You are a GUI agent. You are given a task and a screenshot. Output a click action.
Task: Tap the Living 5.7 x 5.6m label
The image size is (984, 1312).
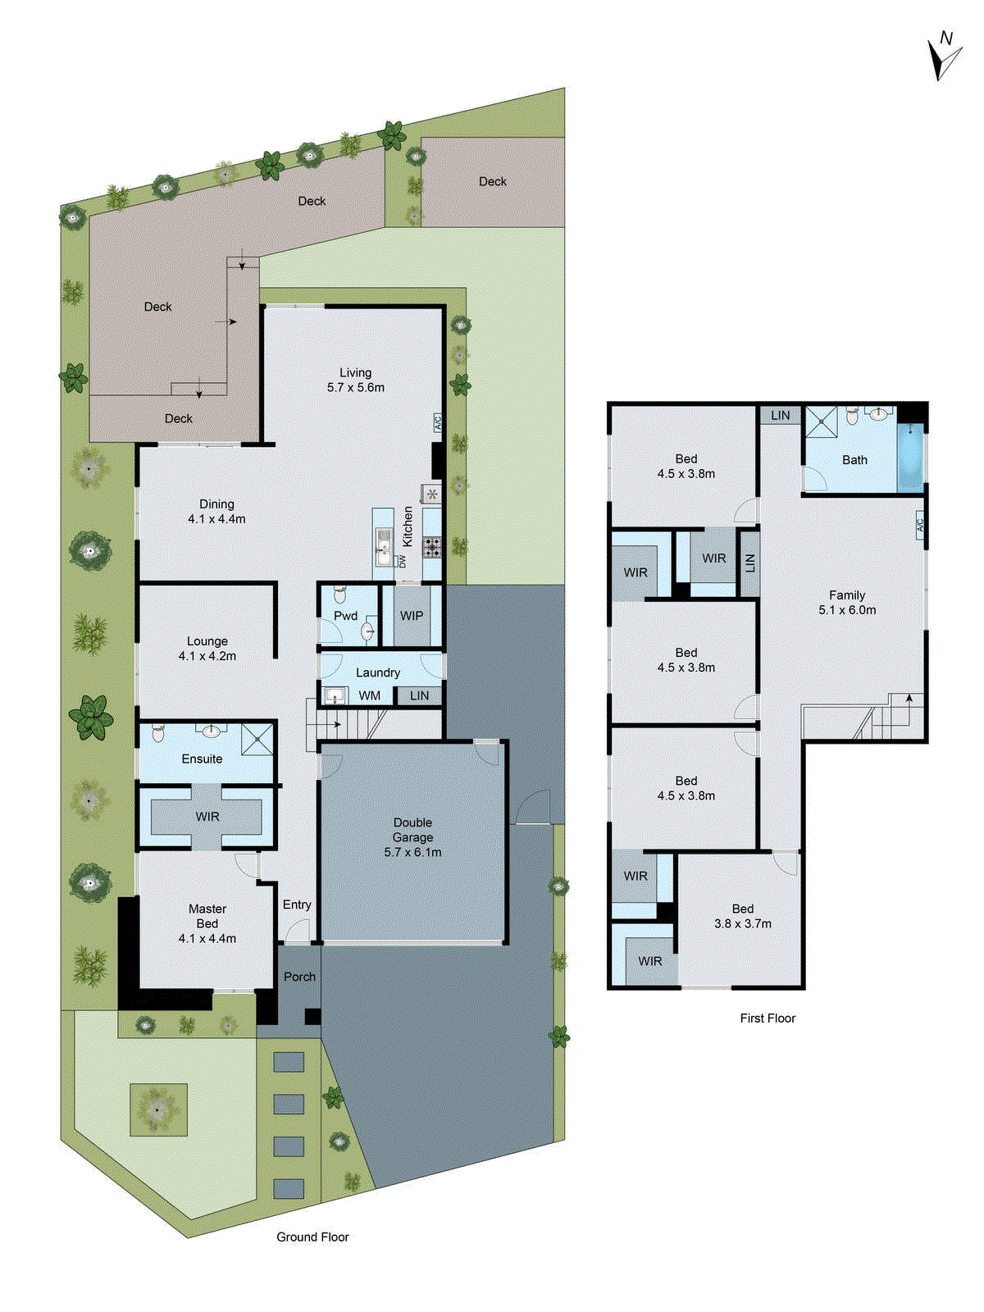coord(355,380)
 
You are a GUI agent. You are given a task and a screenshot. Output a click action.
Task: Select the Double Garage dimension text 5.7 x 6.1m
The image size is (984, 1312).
coord(412,852)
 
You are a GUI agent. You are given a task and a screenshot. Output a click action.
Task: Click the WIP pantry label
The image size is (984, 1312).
coord(412,616)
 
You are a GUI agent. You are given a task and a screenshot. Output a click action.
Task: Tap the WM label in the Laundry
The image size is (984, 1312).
coord(370,695)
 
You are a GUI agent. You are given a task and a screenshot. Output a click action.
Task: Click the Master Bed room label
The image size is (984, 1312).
coord(207,923)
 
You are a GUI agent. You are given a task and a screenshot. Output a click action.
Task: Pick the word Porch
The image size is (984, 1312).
coord(299,977)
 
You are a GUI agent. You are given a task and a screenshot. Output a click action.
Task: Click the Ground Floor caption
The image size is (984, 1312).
coord(312,1237)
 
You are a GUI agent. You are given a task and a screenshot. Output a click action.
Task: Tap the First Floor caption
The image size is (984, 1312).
coord(768,1018)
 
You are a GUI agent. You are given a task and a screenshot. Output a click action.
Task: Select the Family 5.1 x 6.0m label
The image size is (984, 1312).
coord(847,603)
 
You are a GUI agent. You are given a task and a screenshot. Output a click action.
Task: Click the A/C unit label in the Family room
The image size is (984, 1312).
coord(919,524)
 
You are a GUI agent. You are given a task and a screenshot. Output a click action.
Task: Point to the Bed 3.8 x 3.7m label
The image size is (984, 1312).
coord(742,916)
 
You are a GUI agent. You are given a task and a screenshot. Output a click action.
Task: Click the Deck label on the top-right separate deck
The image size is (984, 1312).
coord(493,181)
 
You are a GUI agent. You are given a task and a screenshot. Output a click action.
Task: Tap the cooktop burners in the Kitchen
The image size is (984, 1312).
coord(432,546)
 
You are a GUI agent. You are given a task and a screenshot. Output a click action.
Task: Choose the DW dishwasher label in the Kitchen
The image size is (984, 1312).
coord(403,562)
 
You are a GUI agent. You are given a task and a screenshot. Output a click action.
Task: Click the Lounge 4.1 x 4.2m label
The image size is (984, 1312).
coord(207,649)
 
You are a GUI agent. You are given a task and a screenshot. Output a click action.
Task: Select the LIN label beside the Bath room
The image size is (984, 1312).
coord(780,416)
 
